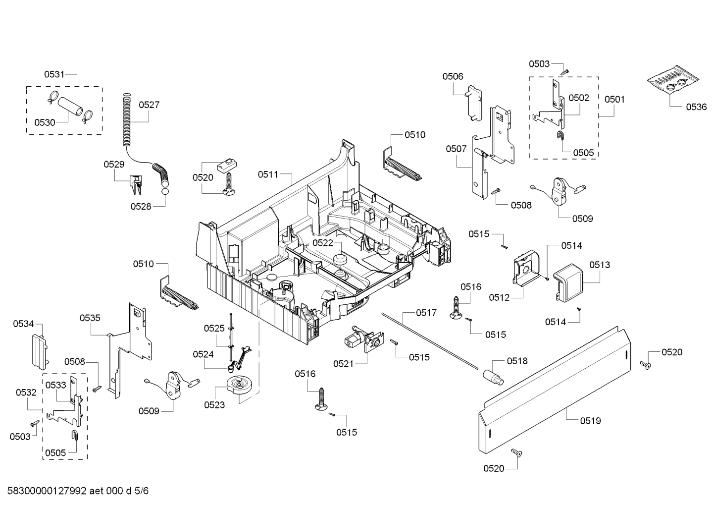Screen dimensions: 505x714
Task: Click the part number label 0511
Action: point(267,174)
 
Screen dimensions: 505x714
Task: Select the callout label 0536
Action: point(696,107)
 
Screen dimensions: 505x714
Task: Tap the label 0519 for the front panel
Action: point(590,421)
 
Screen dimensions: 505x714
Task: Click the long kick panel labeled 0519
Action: point(555,392)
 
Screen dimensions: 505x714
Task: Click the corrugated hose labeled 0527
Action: point(128,121)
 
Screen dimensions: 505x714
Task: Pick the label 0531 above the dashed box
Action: point(54,74)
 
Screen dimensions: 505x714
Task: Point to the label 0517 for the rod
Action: point(426,313)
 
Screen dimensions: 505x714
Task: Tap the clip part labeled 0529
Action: point(136,184)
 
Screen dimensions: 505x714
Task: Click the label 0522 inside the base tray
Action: point(322,243)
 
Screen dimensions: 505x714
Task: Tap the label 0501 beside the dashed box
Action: point(614,99)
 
